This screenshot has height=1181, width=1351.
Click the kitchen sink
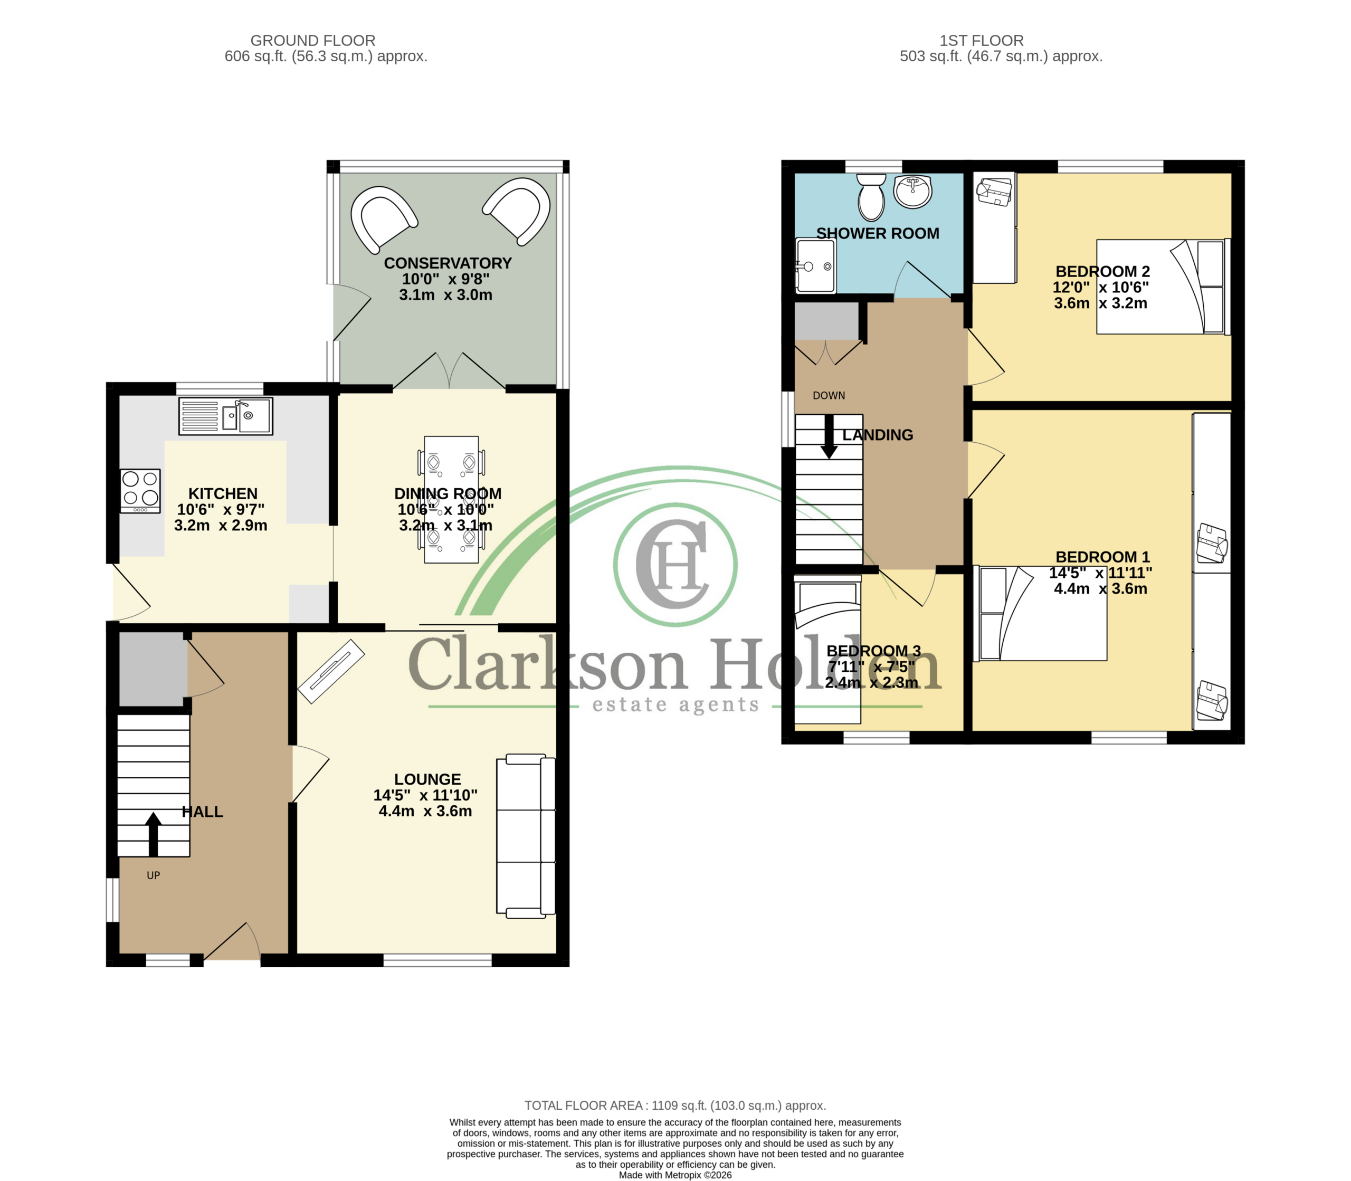coord(225,416)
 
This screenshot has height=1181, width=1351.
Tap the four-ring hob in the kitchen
coord(140,491)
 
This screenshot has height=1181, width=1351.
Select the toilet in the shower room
coord(872,196)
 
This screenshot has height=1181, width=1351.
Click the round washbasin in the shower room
coord(913,191)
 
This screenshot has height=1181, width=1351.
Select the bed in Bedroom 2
coord(1163,287)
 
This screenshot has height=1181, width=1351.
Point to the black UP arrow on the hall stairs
coord(153,834)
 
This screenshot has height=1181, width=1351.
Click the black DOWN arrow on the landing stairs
coord(829,436)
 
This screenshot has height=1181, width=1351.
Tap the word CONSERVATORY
coord(448,263)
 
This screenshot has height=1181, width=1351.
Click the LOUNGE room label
coord(427,779)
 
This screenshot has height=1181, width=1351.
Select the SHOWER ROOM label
coord(878,233)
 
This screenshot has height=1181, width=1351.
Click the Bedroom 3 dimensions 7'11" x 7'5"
coord(872,666)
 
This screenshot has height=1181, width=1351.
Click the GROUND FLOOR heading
coord(313,41)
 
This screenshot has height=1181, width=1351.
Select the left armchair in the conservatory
coord(384,218)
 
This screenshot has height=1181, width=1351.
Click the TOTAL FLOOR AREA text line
coord(675,1106)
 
